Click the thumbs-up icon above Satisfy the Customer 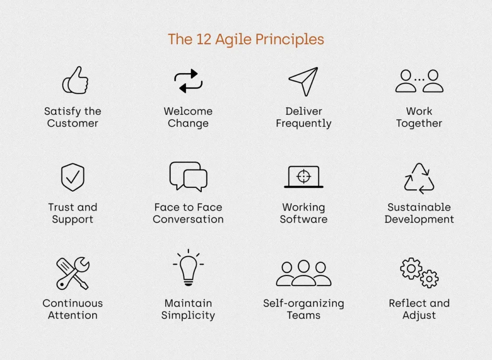pyautogui.click(x=75, y=80)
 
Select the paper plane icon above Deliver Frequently pyautogui.click(x=304, y=81)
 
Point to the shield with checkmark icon pyautogui.click(x=73, y=177)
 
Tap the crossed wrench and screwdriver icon pyautogui.click(x=73, y=273)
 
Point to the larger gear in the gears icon pyautogui.click(x=411, y=268)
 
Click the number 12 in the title pyautogui.click(x=204, y=39)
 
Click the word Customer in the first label pyautogui.click(x=73, y=124)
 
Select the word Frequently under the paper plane pyautogui.click(x=304, y=124)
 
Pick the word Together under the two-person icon pyautogui.click(x=419, y=124)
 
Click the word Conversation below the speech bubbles pyautogui.click(x=188, y=219)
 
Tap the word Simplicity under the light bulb pyautogui.click(x=188, y=315)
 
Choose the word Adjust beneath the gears pyautogui.click(x=419, y=315)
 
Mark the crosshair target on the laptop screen pyautogui.click(x=304, y=176)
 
